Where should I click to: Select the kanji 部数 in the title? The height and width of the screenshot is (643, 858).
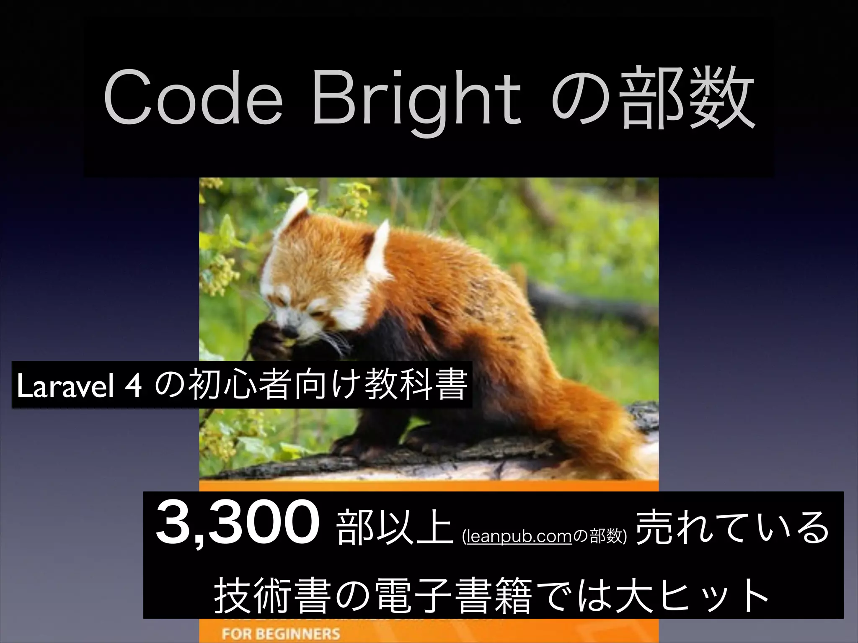click(x=687, y=101)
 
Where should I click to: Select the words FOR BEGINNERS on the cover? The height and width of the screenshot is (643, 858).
click(x=281, y=633)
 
